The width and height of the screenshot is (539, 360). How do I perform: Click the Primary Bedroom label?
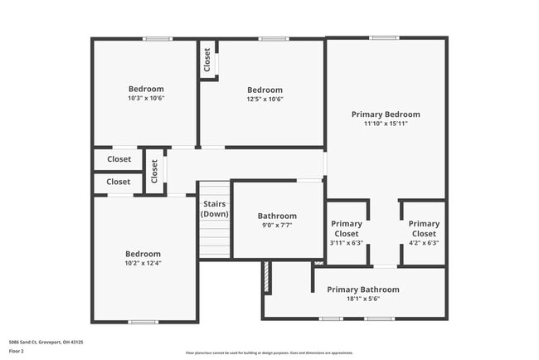click(386, 114)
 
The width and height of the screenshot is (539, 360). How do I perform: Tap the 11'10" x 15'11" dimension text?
click(386, 124)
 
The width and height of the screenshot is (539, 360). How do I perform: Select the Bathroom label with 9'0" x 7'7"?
click(277, 216)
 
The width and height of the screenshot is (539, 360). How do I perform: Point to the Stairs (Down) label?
click(215, 208)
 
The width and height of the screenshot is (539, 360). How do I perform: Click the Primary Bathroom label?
click(362, 289)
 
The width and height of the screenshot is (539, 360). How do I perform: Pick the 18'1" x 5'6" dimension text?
click(362, 299)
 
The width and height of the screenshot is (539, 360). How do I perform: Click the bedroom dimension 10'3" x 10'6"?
click(146, 99)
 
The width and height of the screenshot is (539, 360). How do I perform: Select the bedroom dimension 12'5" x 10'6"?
click(265, 100)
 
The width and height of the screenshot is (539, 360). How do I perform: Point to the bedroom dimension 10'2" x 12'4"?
click(143, 264)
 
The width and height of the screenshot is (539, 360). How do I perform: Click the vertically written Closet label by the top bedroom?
click(206, 60)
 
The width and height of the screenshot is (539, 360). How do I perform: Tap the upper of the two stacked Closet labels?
click(119, 159)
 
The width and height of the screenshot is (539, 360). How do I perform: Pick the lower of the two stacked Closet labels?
click(119, 182)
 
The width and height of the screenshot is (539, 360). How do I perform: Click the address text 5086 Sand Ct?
click(46, 342)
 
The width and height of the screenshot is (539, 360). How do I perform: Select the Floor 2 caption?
click(17, 351)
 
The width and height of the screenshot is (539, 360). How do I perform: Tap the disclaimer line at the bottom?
click(269, 353)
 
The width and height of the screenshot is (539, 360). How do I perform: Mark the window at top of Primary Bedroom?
click(384, 37)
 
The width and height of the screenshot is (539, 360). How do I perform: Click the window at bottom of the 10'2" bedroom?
click(143, 322)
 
